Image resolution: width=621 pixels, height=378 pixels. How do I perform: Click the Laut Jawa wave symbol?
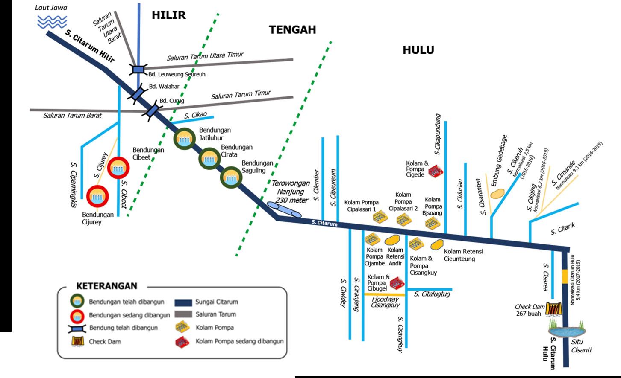(52, 22)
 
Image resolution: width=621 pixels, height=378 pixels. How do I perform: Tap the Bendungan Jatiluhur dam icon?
(185, 139)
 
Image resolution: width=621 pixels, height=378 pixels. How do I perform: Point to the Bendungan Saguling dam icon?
(231, 177)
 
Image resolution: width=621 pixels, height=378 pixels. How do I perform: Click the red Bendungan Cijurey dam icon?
(98, 197)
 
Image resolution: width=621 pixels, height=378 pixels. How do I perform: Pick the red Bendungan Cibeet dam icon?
(118, 168)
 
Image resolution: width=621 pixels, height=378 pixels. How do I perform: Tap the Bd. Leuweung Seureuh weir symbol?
(138, 69)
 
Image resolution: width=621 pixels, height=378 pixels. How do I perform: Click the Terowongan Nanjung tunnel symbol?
(284, 210)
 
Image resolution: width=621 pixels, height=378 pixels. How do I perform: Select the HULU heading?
(418, 50)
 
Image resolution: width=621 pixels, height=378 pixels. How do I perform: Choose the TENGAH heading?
(292, 29)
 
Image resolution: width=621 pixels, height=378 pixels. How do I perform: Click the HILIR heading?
(169, 15)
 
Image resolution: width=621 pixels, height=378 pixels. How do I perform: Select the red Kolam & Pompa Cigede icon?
(436, 170)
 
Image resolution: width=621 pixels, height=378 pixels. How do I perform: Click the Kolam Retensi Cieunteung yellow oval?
(436, 245)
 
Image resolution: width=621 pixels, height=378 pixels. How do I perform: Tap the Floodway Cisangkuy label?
(385, 302)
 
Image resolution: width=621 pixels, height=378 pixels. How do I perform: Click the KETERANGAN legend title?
(106, 286)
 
